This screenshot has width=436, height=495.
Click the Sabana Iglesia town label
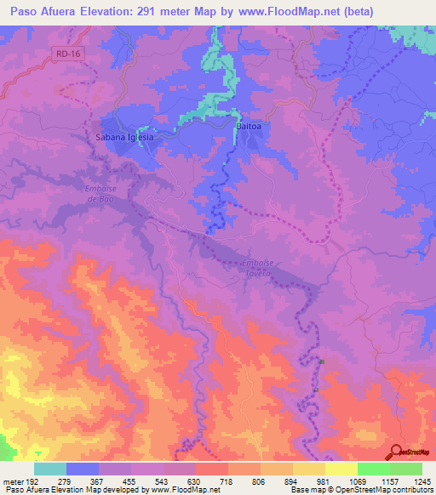click(124, 136)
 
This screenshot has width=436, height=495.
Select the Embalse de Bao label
click(100, 193)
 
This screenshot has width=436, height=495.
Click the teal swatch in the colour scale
click(50, 469)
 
